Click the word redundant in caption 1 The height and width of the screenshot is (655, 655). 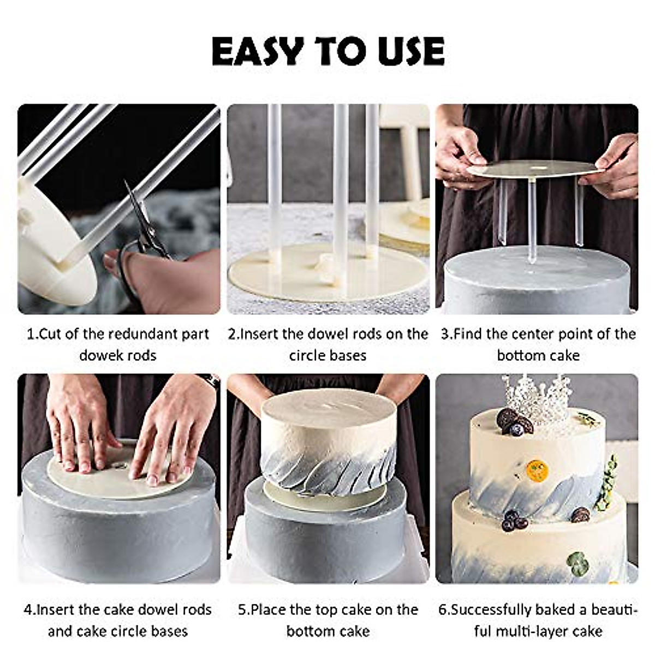coord(140,335)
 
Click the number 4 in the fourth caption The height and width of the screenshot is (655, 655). coord(28,610)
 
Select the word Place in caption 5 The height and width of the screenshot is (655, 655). coord(269,610)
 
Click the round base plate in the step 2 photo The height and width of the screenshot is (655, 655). coord(327,272)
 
